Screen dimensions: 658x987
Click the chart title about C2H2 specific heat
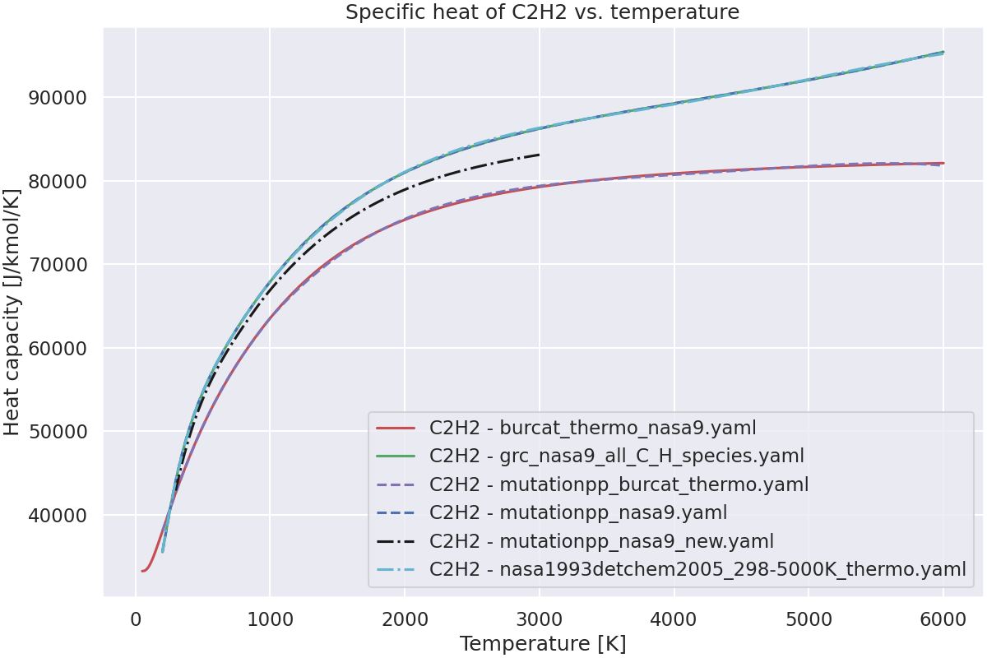click(x=542, y=12)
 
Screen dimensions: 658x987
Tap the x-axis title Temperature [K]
click(x=543, y=643)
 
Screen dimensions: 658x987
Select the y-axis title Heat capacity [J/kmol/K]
click(x=12, y=312)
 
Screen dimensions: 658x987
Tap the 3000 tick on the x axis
click(x=540, y=619)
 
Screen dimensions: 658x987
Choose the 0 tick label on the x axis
click(x=136, y=619)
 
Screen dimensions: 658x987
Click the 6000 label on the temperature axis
click(x=943, y=619)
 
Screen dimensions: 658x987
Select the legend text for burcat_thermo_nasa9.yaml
click(x=592, y=428)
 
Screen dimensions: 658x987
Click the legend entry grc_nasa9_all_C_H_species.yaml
click(x=616, y=456)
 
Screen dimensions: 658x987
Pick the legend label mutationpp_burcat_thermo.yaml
click(x=619, y=484)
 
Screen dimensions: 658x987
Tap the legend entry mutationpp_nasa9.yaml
click(x=577, y=512)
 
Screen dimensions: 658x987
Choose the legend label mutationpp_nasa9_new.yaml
click(x=601, y=541)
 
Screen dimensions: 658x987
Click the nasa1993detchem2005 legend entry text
click(x=697, y=569)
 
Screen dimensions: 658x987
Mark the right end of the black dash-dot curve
click(x=540, y=155)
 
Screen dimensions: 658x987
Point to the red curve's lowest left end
click(x=141, y=571)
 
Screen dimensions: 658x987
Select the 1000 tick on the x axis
click(x=271, y=619)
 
